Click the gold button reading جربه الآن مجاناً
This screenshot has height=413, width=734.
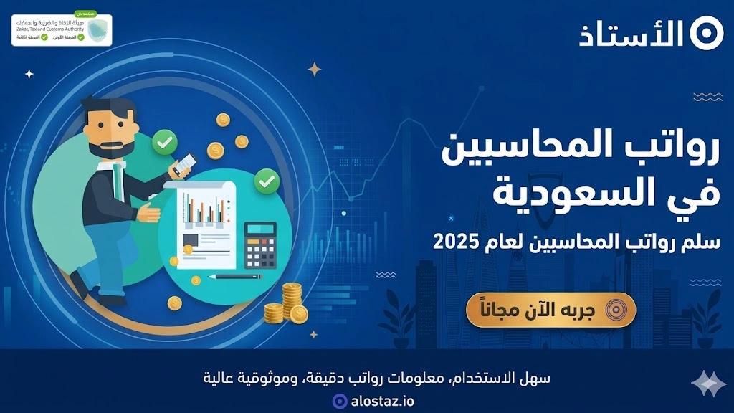550,310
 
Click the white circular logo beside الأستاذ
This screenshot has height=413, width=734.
707,34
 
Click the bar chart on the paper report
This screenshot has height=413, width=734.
204,208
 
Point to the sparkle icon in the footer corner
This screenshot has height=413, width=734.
708,384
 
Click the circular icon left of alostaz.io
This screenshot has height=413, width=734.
340,401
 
